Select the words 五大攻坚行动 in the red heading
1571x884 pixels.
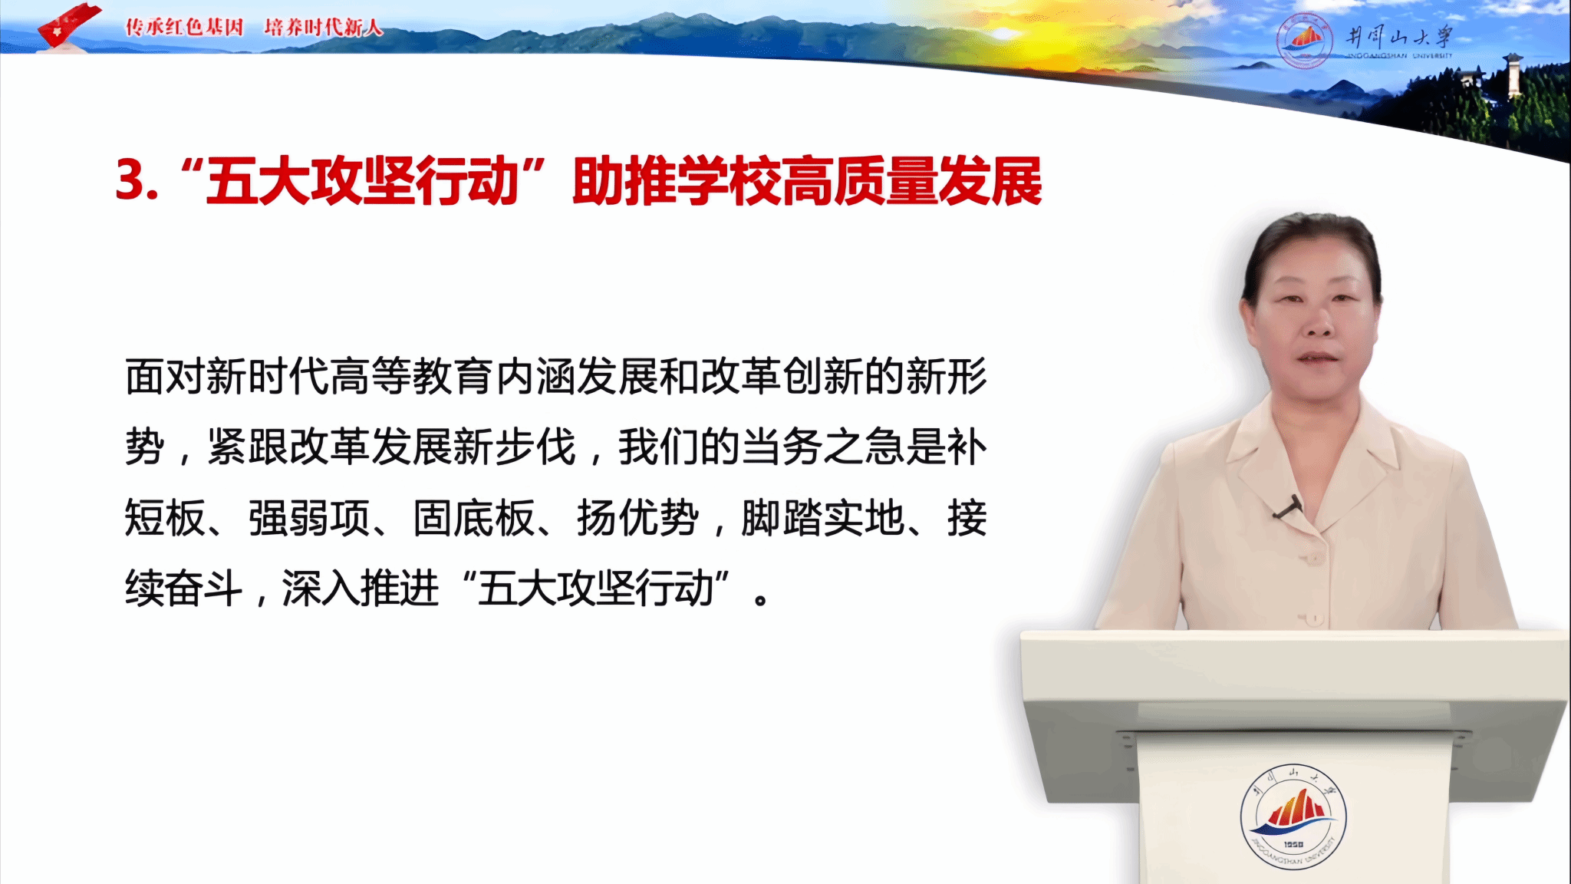363,181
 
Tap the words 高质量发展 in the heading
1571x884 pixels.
912,181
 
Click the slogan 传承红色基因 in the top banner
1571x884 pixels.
184,28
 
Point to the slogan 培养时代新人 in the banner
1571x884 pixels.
323,28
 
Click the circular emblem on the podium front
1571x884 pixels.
1293,818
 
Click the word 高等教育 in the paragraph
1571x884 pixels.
412,377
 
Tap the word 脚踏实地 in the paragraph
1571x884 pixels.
823,518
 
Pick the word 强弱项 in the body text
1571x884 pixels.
309,518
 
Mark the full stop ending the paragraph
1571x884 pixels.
761,599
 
